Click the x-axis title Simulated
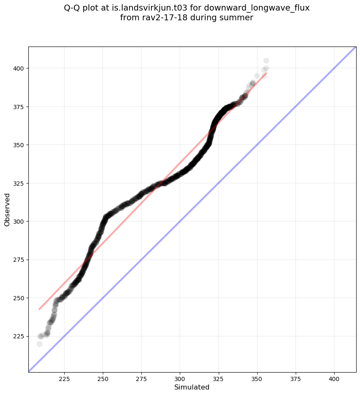pyautogui.click(x=192, y=387)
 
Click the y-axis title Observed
pyautogui.click(x=7, y=209)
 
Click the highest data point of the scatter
pyautogui.click(x=266, y=61)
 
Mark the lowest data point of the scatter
pyautogui.click(x=39, y=344)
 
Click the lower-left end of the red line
pyautogui.click(x=39, y=309)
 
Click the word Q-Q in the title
pyautogui.click(x=72, y=8)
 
